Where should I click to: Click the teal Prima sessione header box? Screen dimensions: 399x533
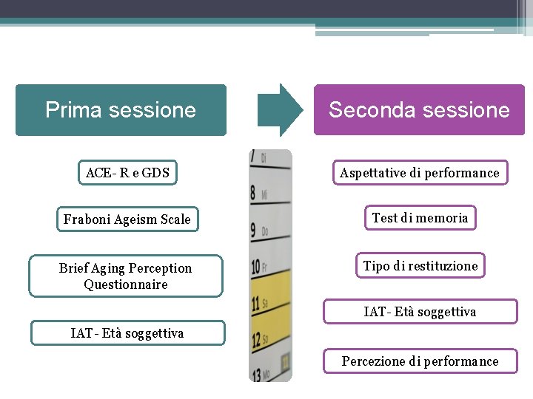[121, 110]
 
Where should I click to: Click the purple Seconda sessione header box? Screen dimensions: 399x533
[419, 110]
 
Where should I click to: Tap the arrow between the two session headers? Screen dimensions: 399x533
[280, 110]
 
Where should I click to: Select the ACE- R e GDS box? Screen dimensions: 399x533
[127, 173]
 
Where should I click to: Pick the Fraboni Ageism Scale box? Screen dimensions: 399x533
[127, 219]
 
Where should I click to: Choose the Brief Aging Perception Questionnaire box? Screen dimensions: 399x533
[126, 276]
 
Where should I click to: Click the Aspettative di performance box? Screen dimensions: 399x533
[420, 173]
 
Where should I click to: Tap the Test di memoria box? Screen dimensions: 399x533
[420, 218]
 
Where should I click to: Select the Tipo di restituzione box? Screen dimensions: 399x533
[420, 266]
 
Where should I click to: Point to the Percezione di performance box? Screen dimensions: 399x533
[420, 361]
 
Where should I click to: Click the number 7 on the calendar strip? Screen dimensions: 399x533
[253, 157]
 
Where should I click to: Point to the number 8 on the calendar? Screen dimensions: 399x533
[253, 194]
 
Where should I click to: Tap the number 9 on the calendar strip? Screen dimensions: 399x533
[253, 231]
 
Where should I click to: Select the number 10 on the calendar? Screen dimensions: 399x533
[255, 267]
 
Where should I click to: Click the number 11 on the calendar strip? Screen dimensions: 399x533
[255, 303]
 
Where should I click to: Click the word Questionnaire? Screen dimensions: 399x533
[126, 284]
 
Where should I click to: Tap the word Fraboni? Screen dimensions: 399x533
[87, 219]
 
